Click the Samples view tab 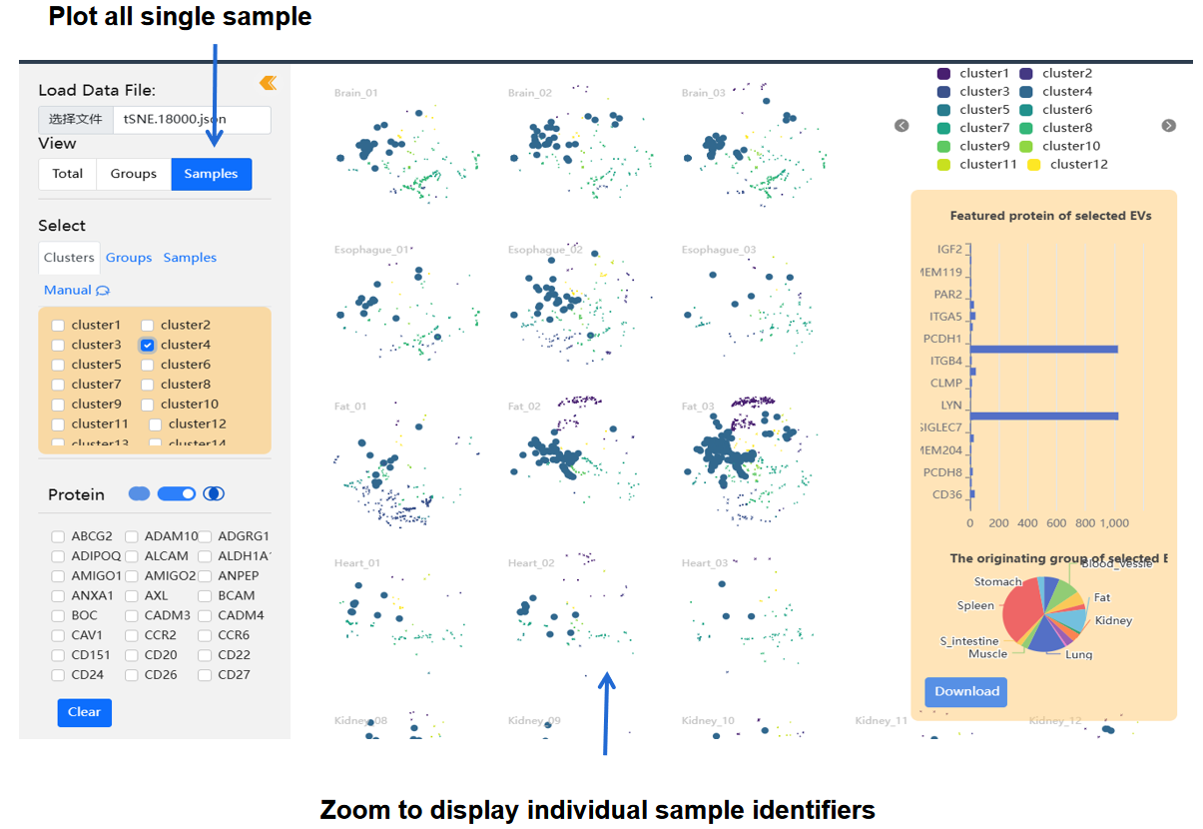click(211, 174)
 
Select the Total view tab click(68, 174)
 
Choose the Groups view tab click(134, 174)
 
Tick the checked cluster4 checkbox click(147, 345)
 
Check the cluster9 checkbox click(58, 405)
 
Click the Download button click(966, 691)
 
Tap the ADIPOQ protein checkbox click(58, 556)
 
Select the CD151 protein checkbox click(58, 655)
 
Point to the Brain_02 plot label click(529, 93)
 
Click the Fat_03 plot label click(699, 407)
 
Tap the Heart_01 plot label click(357, 563)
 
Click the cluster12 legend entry click(1067, 165)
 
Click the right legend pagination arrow click(1169, 126)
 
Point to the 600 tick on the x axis click(1056, 522)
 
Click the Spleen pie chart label click(975, 605)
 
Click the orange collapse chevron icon click(268, 83)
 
